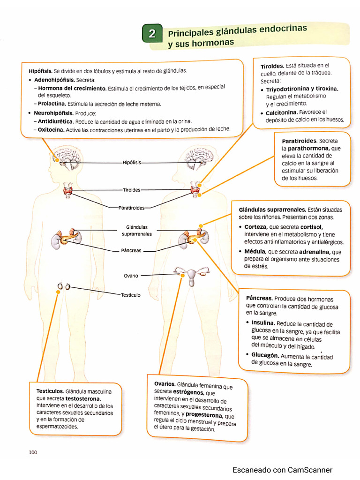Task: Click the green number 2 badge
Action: [152, 34]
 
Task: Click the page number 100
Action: [33, 452]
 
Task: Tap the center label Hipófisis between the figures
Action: [131, 163]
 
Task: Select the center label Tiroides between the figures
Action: [131, 190]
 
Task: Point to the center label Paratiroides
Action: [131, 207]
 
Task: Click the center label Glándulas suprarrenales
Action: [136, 230]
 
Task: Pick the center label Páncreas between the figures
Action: [131, 250]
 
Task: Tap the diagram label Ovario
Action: [131, 276]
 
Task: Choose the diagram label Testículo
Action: [131, 295]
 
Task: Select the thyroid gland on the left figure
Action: [68, 190]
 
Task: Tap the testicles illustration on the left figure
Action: [64, 286]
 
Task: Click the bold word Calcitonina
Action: [281, 112]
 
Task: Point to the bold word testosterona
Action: [83, 398]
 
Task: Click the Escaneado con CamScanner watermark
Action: [282, 470]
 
